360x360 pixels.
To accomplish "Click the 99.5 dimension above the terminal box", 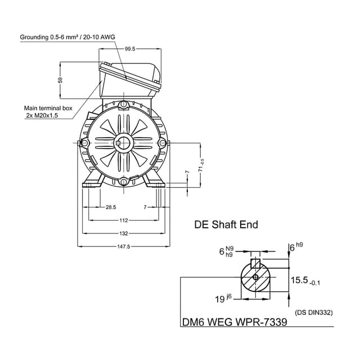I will click(x=130, y=49).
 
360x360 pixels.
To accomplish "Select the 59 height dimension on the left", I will click(x=61, y=80).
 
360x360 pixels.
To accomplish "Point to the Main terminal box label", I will click(x=48, y=107).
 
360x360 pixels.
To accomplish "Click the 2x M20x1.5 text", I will click(x=42, y=115).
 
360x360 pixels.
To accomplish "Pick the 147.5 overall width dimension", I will click(x=124, y=246).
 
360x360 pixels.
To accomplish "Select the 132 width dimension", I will click(x=124, y=233).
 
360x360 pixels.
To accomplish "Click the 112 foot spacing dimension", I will click(x=124, y=220).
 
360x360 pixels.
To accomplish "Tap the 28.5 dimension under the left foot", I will click(x=110, y=208).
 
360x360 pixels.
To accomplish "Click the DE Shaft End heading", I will click(x=226, y=224).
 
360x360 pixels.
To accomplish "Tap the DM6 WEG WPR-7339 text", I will click(x=234, y=323).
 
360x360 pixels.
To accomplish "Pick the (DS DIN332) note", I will click(x=313, y=312).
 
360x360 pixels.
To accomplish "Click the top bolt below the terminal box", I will click(x=124, y=104).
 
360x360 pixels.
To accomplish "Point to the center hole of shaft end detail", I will click(x=255, y=277).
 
